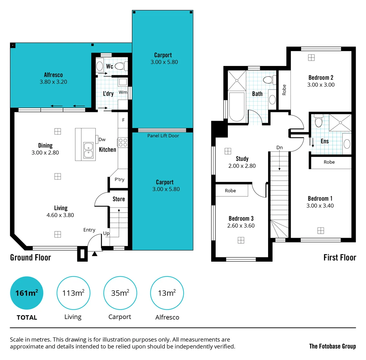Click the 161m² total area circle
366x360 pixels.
pyautogui.click(x=27, y=293)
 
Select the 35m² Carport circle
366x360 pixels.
pyautogui.click(x=120, y=293)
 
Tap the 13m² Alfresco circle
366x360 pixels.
pyautogui.click(x=167, y=293)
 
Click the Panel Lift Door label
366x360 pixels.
pyautogui.click(x=163, y=136)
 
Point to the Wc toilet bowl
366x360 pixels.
pyautogui.click(x=120, y=66)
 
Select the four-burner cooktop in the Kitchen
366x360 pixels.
pyautogui.click(x=123, y=143)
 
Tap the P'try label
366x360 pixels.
pyautogui.click(x=119, y=179)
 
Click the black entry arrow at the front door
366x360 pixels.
pyautogui.click(x=95, y=254)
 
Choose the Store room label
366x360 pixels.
pyautogui.click(x=119, y=199)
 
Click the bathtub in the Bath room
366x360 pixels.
pyautogui.click(x=237, y=106)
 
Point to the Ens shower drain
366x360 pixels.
pyautogui.click(x=340, y=123)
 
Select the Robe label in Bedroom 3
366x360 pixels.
pyautogui.click(x=230, y=191)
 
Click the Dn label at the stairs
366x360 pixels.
pyautogui.click(x=279, y=147)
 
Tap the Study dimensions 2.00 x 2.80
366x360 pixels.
pyautogui.click(x=242, y=166)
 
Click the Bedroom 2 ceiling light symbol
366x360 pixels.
pyautogui.click(x=311, y=58)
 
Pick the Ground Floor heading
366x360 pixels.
pyautogui.click(x=30, y=257)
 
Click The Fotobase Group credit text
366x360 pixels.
pyautogui.click(x=332, y=346)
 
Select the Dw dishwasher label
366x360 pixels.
pyautogui.click(x=102, y=139)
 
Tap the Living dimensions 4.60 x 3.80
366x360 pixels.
pyautogui.click(x=60, y=215)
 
